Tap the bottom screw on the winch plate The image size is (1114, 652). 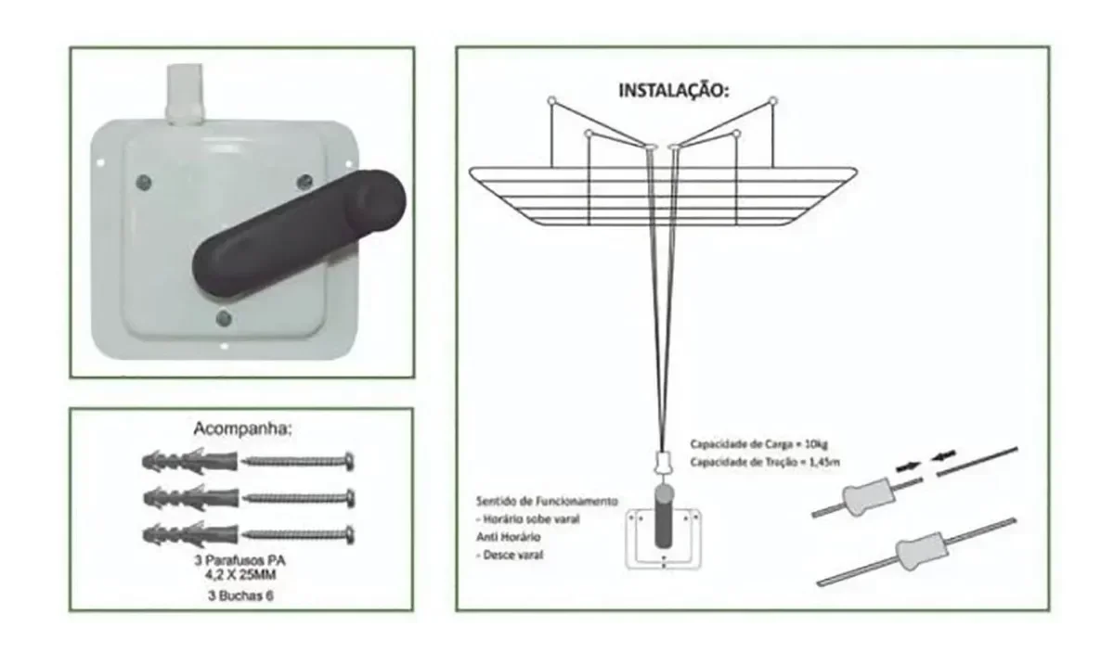(224, 319)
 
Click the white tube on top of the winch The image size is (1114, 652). (184, 93)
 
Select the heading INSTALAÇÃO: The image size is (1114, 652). (674, 92)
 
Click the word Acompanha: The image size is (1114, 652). (240, 430)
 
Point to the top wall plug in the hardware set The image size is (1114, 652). (189, 460)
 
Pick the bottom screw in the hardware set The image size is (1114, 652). (299, 534)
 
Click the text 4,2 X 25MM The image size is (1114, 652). (240, 575)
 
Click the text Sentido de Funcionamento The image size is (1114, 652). (546, 501)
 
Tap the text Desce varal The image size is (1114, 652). (513, 555)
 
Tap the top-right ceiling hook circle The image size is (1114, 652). (773, 99)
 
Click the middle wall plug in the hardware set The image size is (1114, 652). (189, 497)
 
